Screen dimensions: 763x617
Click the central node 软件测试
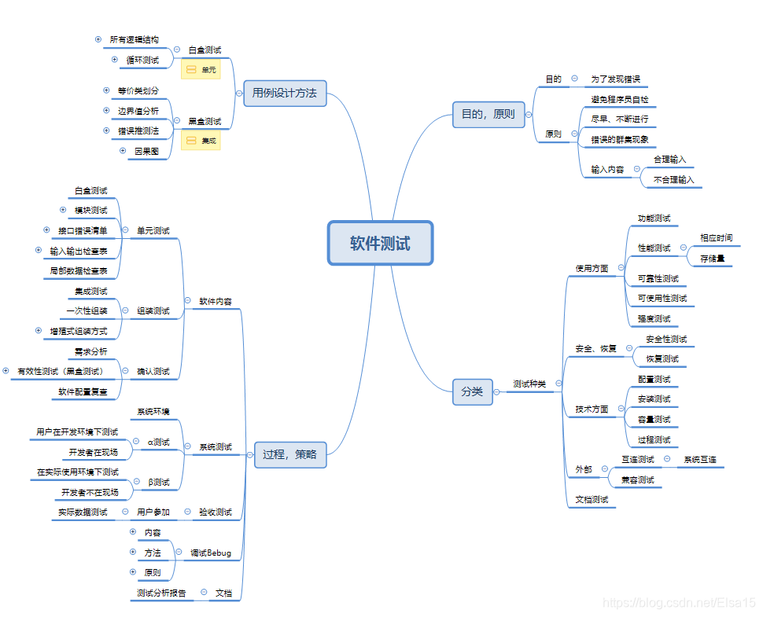tap(380, 243)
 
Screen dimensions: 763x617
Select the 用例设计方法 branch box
tap(284, 93)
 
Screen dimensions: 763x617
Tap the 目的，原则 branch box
tap(488, 115)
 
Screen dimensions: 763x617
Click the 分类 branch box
tap(472, 391)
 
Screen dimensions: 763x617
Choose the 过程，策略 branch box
tap(289, 455)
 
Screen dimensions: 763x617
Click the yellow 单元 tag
tap(201, 70)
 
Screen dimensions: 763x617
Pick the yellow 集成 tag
tap(201, 141)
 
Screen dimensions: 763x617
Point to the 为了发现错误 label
tap(615, 79)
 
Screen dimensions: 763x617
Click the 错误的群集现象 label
tap(620, 140)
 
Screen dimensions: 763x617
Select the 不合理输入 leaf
tap(674, 180)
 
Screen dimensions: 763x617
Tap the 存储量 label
tap(713, 258)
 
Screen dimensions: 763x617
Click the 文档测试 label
tap(592, 499)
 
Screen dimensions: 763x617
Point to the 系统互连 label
tap(702, 459)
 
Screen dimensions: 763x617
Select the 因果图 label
tap(147, 151)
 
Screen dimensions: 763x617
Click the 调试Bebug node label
tap(211, 553)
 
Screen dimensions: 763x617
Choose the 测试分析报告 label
tap(161, 593)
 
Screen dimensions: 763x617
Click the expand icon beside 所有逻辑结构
tap(98, 39)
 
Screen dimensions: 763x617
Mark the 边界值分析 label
tap(138, 111)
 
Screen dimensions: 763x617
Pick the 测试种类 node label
tap(529, 384)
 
